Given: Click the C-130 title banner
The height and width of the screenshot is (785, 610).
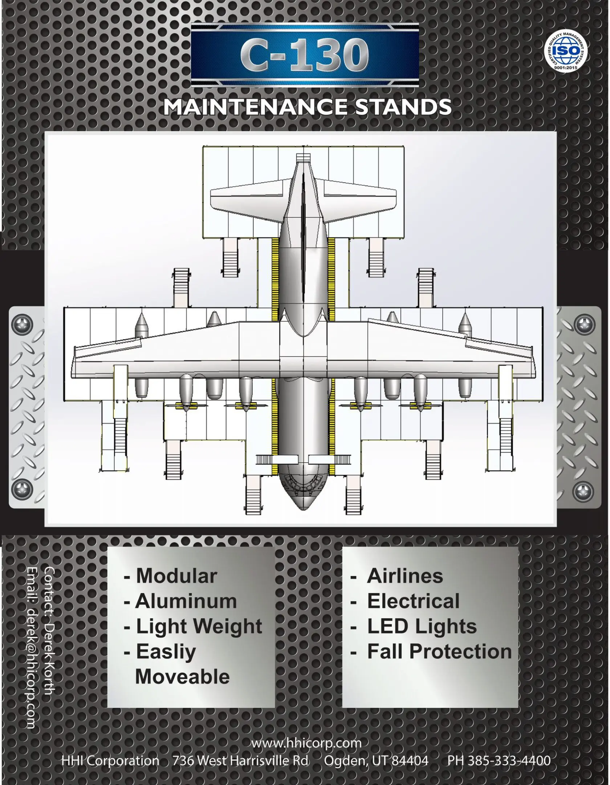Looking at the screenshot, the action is coord(305,56).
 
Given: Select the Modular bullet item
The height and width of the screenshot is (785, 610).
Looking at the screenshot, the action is coord(171,576).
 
